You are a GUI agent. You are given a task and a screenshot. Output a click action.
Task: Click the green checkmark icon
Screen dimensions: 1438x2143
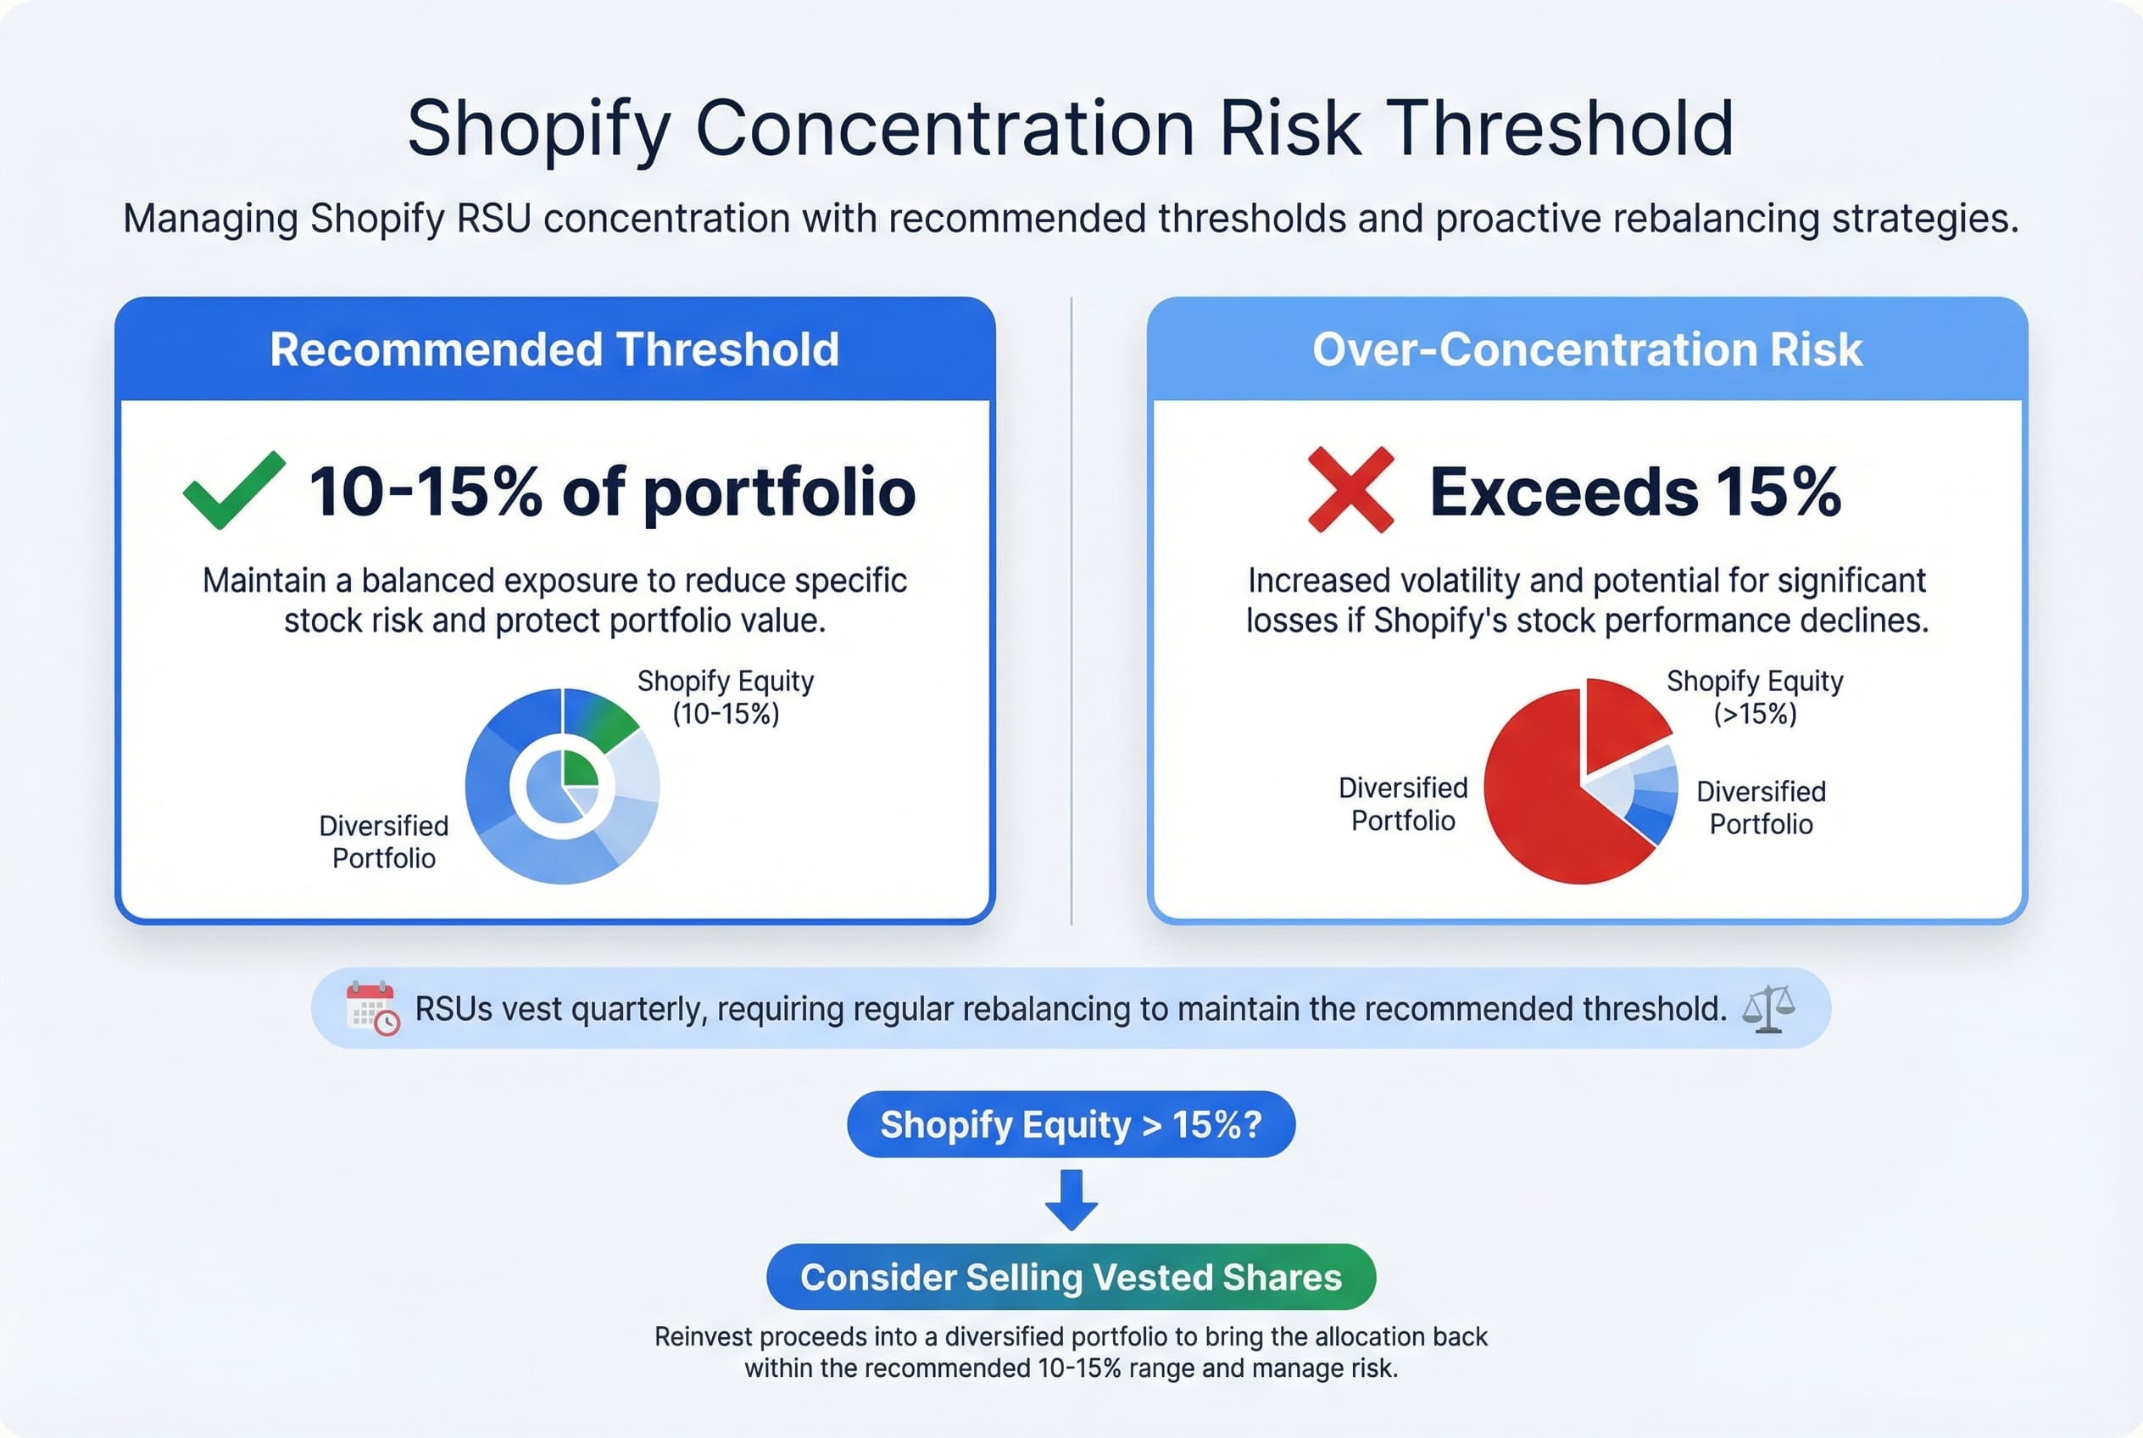click(x=233, y=490)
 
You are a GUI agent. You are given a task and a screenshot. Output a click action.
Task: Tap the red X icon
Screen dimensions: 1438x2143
click(x=1350, y=490)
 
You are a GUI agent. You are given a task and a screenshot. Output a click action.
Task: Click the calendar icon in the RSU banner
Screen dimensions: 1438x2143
click(x=372, y=1008)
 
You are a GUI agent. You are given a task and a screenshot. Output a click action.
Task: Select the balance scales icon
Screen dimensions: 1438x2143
click(x=1768, y=1009)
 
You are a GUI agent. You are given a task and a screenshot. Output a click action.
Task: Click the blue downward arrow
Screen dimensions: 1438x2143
click(x=1071, y=1199)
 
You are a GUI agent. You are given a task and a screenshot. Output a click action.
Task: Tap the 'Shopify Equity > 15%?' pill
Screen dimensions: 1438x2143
click(x=1071, y=1124)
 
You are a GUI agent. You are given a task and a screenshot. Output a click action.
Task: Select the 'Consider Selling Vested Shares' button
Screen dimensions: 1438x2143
click(x=1071, y=1277)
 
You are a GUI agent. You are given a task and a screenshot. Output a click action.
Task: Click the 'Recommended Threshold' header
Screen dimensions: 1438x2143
click(x=554, y=349)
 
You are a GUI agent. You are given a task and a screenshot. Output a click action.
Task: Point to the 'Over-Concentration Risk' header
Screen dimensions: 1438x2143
click(x=1586, y=349)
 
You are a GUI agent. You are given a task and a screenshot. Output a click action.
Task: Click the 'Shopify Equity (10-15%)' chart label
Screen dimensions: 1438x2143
click(x=726, y=697)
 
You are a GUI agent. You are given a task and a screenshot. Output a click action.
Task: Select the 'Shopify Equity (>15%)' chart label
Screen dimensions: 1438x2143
click(x=1754, y=697)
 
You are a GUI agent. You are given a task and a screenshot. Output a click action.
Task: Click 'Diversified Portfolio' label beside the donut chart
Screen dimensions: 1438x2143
click(x=383, y=841)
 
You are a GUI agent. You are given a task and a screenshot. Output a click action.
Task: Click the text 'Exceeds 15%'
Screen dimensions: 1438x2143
click(x=1635, y=492)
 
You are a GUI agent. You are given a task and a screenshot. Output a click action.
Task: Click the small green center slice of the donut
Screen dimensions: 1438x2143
click(x=579, y=768)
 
